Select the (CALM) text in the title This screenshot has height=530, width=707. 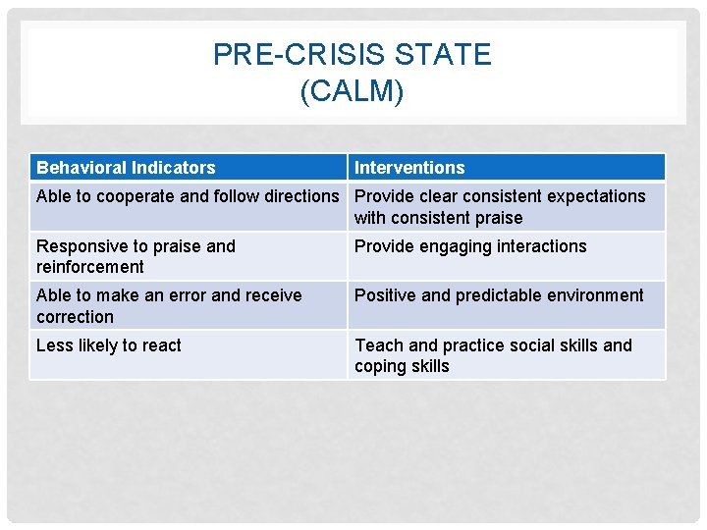(x=353, y=91)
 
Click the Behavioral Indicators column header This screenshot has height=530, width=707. (x=126, y=168)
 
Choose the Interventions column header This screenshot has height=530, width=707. (x=409, y=168)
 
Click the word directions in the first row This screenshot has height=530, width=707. (x=299, y=196)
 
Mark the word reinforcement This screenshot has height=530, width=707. (x=90, y=267)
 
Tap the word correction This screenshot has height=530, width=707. (x=75, y=317)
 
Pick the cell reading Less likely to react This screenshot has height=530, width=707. (x=109, y=345)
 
